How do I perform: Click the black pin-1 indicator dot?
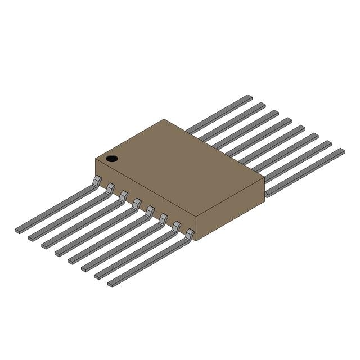(112, 159)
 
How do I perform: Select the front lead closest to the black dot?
(56, 205)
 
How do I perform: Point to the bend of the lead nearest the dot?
(97, 180)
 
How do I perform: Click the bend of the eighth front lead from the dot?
(190, 233)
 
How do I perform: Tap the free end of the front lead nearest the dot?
(18, 230)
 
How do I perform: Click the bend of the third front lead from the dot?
(123, 195)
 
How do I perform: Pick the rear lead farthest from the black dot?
(304, 172)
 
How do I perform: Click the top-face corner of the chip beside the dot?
(96, 159)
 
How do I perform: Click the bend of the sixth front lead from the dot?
(163, 218)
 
